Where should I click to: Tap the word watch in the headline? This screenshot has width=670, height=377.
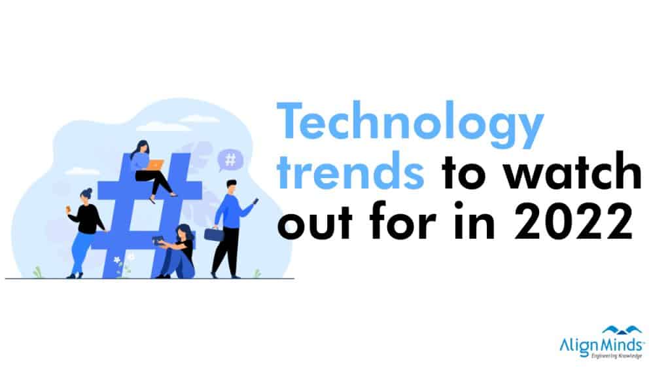[x=572, y=170]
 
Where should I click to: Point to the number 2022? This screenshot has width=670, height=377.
[x=574, y=221]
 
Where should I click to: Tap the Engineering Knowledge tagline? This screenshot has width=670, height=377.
[x=616, y=355]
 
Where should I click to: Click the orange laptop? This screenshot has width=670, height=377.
[x=156, y=164]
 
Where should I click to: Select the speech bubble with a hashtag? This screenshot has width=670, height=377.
[x=230, y=160]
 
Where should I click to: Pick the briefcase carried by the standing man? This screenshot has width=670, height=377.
[x=214, y=234]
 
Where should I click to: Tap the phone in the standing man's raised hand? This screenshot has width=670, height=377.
[x=256, y=201]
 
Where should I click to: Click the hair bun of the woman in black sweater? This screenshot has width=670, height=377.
[x=88, y=190]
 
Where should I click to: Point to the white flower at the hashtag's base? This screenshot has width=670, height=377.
[x=117, y=260]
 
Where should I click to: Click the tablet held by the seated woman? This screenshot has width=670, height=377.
[x=158, y=240]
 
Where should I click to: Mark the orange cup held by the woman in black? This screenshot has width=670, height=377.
[x=68, y=209]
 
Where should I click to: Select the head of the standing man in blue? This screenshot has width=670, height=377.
[x=231, y=187]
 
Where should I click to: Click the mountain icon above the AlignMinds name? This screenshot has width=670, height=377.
[x=622, y=330]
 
